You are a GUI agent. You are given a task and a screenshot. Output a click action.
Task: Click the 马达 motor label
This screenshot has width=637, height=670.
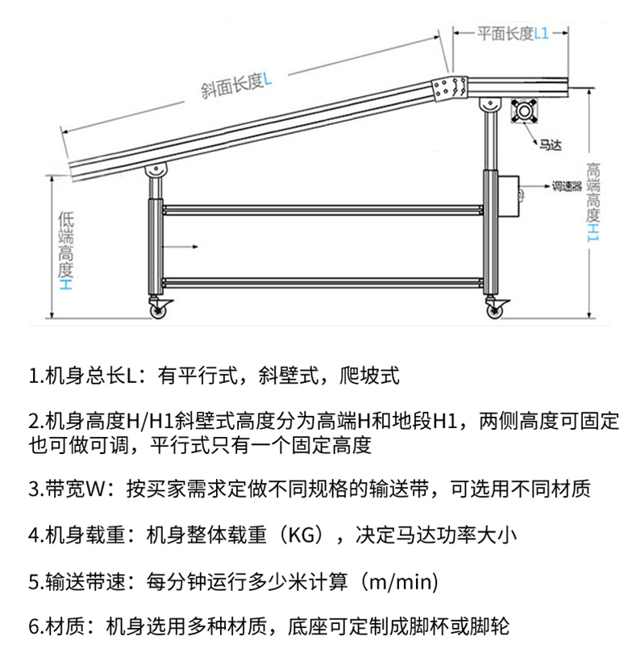click(x=550, y=145)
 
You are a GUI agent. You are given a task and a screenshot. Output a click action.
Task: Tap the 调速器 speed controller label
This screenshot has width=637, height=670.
click(x=567, y=186)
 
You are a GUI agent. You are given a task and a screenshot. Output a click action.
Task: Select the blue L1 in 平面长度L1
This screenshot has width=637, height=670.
click(x=542, y=33)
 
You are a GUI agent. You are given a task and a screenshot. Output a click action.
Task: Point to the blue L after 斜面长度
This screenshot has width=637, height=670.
click(x=267, y=79)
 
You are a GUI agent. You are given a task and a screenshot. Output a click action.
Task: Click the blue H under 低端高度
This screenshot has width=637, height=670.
click(x=66, y=285)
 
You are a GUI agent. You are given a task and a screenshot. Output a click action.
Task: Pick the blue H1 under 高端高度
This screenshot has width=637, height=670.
click(x=593, y=232)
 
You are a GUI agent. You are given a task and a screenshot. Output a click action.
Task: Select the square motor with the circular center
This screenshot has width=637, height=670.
click(x=524, y=111)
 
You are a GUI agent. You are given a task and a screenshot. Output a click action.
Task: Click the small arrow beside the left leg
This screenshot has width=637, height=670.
click(x=180, y=247)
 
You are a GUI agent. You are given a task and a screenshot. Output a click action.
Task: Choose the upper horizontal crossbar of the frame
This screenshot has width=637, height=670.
click(x=323, y=210)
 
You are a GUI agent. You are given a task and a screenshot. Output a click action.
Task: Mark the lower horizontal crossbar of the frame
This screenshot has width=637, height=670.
click(x=323, y=282)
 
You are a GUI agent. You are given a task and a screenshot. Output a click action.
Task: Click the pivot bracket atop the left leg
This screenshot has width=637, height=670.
click(x=156, y=172)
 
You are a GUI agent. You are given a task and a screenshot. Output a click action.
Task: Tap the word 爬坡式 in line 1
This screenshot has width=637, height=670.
click(x=369, y=376)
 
